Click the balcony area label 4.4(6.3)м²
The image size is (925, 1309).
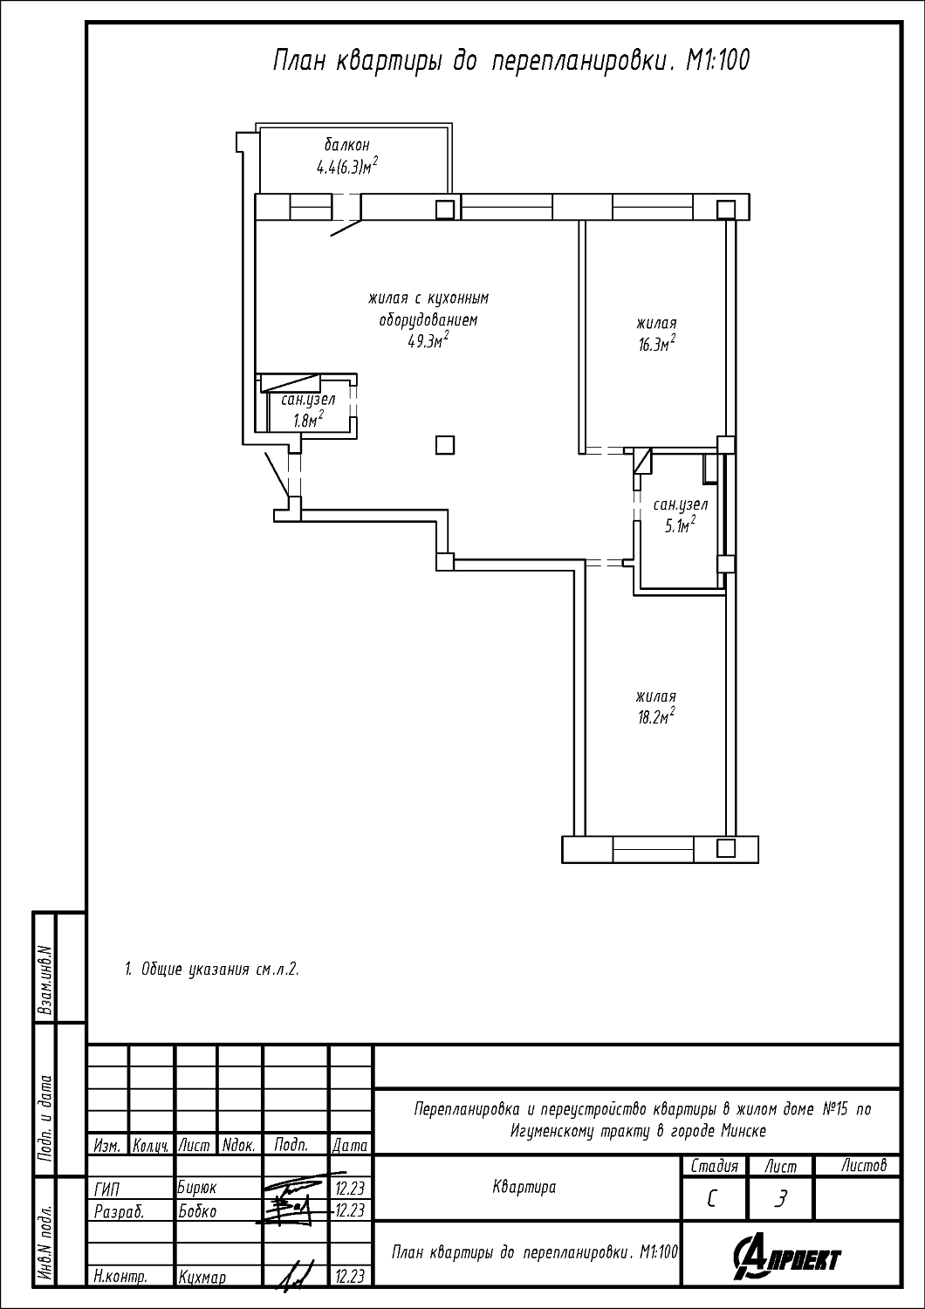(346, 167)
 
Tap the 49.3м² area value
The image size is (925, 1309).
(428, 340)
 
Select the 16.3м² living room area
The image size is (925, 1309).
(657, 344)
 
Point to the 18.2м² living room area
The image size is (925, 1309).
(656, 716)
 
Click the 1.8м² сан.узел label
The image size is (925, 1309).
(308, 418)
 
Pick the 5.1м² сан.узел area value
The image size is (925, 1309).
(680, 524)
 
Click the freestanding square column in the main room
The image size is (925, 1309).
(445, 445)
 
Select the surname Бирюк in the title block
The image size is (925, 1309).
(197, 1188)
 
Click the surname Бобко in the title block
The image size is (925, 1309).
(197, 1211)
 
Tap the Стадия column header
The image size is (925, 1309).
(714, 1167)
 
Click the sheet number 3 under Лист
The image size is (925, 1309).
(780, 1198)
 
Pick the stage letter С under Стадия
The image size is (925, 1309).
(711, 1199)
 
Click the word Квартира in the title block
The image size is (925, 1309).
(524, 1188)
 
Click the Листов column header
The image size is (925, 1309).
(864, 1166)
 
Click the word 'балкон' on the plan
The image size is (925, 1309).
(347, 144)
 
